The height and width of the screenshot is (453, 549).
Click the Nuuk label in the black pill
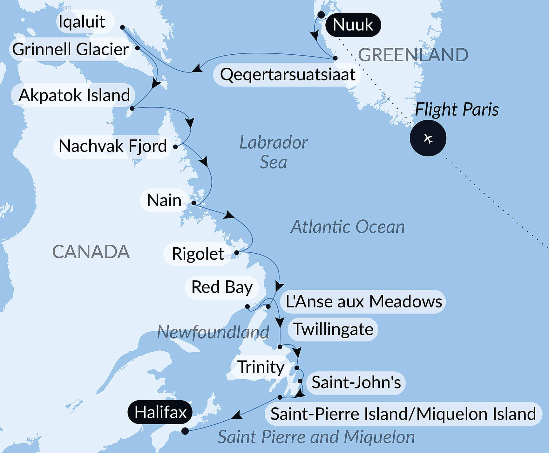click(353, 25)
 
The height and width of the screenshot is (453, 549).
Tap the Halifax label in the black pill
click(160, 412)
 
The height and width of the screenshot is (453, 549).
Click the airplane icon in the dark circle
click(428, 138)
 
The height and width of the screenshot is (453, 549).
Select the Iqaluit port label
click(82, 22)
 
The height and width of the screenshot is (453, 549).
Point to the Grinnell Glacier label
click(70, 49)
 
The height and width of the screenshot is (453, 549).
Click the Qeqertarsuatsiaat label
click(287, 75)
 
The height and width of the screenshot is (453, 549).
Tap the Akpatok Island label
click(74, 95)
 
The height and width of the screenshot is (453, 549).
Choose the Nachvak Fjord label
click(113, 146)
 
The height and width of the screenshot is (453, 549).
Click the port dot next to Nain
click(193, 203)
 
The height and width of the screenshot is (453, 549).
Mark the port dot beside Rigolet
click(236, 253)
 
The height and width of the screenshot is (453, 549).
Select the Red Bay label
click(222, 287)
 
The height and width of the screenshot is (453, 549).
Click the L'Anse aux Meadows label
click(364, 301)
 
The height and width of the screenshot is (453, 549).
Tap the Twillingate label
click(333, 329)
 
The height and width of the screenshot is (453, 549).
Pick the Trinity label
click(261, 367)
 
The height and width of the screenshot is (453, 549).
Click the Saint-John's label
click(356, 382)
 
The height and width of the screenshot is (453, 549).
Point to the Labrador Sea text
click(273, 152)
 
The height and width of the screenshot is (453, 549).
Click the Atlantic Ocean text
click(348, 227)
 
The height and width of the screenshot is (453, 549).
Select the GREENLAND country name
click(413, 55)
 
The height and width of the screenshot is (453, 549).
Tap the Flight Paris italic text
click(457, 109)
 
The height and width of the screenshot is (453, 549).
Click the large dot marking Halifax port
click(185, 431)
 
